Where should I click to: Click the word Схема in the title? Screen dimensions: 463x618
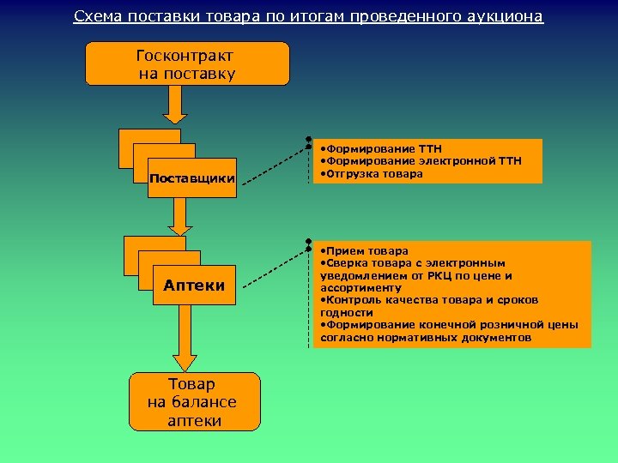(x=95, y=16)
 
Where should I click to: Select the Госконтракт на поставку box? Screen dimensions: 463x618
(x=187, y=64)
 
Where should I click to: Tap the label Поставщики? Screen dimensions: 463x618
(x=192, y=179)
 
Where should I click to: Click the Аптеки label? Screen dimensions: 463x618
(x=194, y=286)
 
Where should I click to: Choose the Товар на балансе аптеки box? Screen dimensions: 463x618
(x=194, y=401)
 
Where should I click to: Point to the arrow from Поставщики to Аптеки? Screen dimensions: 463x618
(x=178, y=217)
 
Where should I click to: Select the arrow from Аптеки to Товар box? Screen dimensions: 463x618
(x=185, y=339)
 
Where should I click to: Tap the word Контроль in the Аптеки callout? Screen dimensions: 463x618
(x=351, y=301)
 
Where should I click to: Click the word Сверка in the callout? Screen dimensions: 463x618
(x=343, y=263)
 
